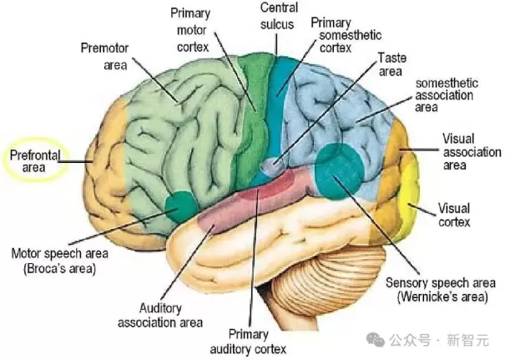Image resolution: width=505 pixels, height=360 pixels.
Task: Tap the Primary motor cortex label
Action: pos(192,30)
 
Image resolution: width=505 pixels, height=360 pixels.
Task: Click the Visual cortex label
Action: pos(455,215)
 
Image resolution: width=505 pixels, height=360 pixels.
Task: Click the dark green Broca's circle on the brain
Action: pos(178,205)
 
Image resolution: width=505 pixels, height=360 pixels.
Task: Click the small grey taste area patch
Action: pos(271,166)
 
